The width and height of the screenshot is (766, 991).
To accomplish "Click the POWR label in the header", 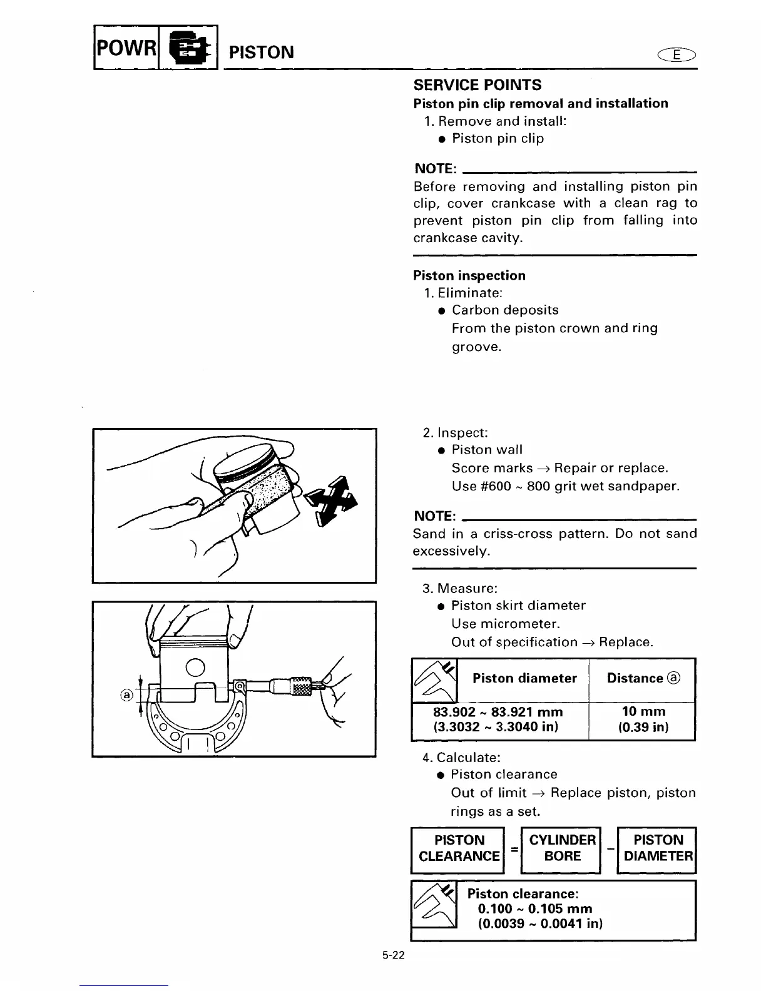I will point(125,47).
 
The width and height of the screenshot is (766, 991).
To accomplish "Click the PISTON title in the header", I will point(262,52).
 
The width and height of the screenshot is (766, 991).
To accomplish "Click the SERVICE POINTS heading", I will point(477,85).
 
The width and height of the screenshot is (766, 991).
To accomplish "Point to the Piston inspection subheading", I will point(469,275).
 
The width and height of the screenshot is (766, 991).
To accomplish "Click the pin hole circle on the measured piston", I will point(195,668).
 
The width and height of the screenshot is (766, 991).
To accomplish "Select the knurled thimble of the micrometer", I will point(302,685).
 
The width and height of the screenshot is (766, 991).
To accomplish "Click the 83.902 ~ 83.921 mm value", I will point(498,712).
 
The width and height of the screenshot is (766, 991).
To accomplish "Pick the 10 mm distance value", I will point(643,712).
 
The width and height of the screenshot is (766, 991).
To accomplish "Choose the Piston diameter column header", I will point(524,678).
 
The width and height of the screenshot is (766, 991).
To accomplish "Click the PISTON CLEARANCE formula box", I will point(459,848).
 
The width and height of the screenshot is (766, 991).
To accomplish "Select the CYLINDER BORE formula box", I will point(562,848).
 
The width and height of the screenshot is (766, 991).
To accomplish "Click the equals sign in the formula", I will point(513,848).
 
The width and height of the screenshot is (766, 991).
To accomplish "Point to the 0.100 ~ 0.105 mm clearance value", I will point(534,908).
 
